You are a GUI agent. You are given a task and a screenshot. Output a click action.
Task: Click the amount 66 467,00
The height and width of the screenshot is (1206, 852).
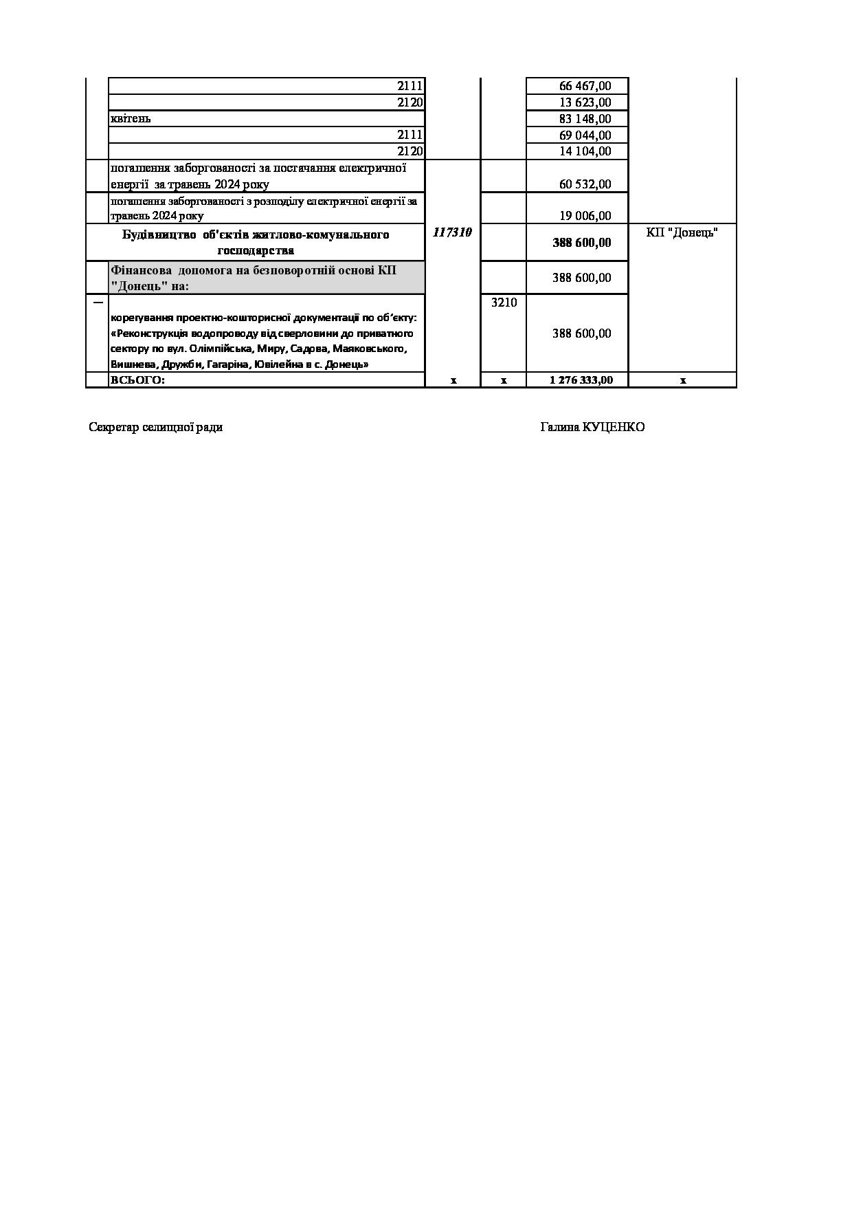pyautogui.click(x=585, y=86)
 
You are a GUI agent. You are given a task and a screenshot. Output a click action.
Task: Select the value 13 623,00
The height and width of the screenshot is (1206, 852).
pyautogui.click(x=585, y=102)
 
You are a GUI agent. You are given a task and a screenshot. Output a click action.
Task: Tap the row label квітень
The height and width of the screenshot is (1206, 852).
pyautogui.click(x=131, y=118)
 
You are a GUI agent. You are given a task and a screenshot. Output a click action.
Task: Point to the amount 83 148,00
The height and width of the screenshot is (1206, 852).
pyautogui.click(x=585, y=119)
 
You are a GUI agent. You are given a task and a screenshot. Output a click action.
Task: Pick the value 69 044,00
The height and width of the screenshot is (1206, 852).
pyautogui.click(x=585, y=135)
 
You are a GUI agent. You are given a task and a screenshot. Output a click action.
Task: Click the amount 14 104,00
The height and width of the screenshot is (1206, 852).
pyautogui.click(x=585, y=151)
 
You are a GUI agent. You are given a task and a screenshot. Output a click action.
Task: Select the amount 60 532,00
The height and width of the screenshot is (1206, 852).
pyautogui.click(x=585, y=184)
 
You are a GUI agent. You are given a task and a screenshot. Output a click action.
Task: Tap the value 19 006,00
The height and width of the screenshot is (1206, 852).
pyautogui.click(x=585, y=216)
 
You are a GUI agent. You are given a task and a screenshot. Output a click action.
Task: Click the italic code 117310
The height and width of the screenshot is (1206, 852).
pyautogui.click(x=452, y=232)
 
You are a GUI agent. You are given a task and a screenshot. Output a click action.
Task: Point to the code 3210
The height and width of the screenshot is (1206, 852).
pyautogui.click(x=504, y=303)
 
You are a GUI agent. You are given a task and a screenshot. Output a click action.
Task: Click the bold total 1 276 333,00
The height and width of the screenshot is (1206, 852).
pyautogui.click(x=581, y=380)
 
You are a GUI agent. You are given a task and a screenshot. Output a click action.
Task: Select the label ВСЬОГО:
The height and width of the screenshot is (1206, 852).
pyautogui.click(x=137, y=380)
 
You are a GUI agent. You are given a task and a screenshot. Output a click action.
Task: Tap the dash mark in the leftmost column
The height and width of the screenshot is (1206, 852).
pyautogui.click(x=98, y=302)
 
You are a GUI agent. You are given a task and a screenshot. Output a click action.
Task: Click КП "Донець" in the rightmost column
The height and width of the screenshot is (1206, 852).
pyautogui.click(x=682, y=232)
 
